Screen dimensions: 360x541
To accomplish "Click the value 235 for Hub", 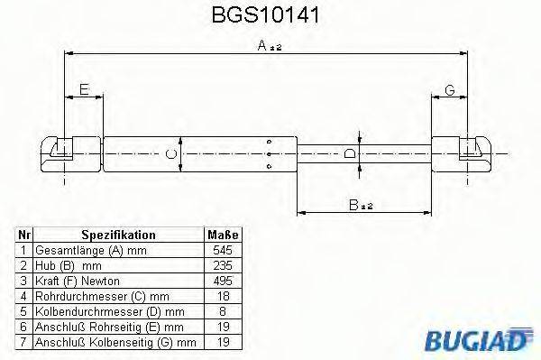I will point(223,265).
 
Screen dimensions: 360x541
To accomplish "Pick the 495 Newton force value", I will point(223,281).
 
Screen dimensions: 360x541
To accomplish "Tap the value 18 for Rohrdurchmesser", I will point(223,296).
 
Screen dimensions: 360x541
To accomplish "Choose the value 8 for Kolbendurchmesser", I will point(223,311).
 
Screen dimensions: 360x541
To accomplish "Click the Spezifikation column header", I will point(119,235).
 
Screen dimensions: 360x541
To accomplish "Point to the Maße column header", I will point(223,235).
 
